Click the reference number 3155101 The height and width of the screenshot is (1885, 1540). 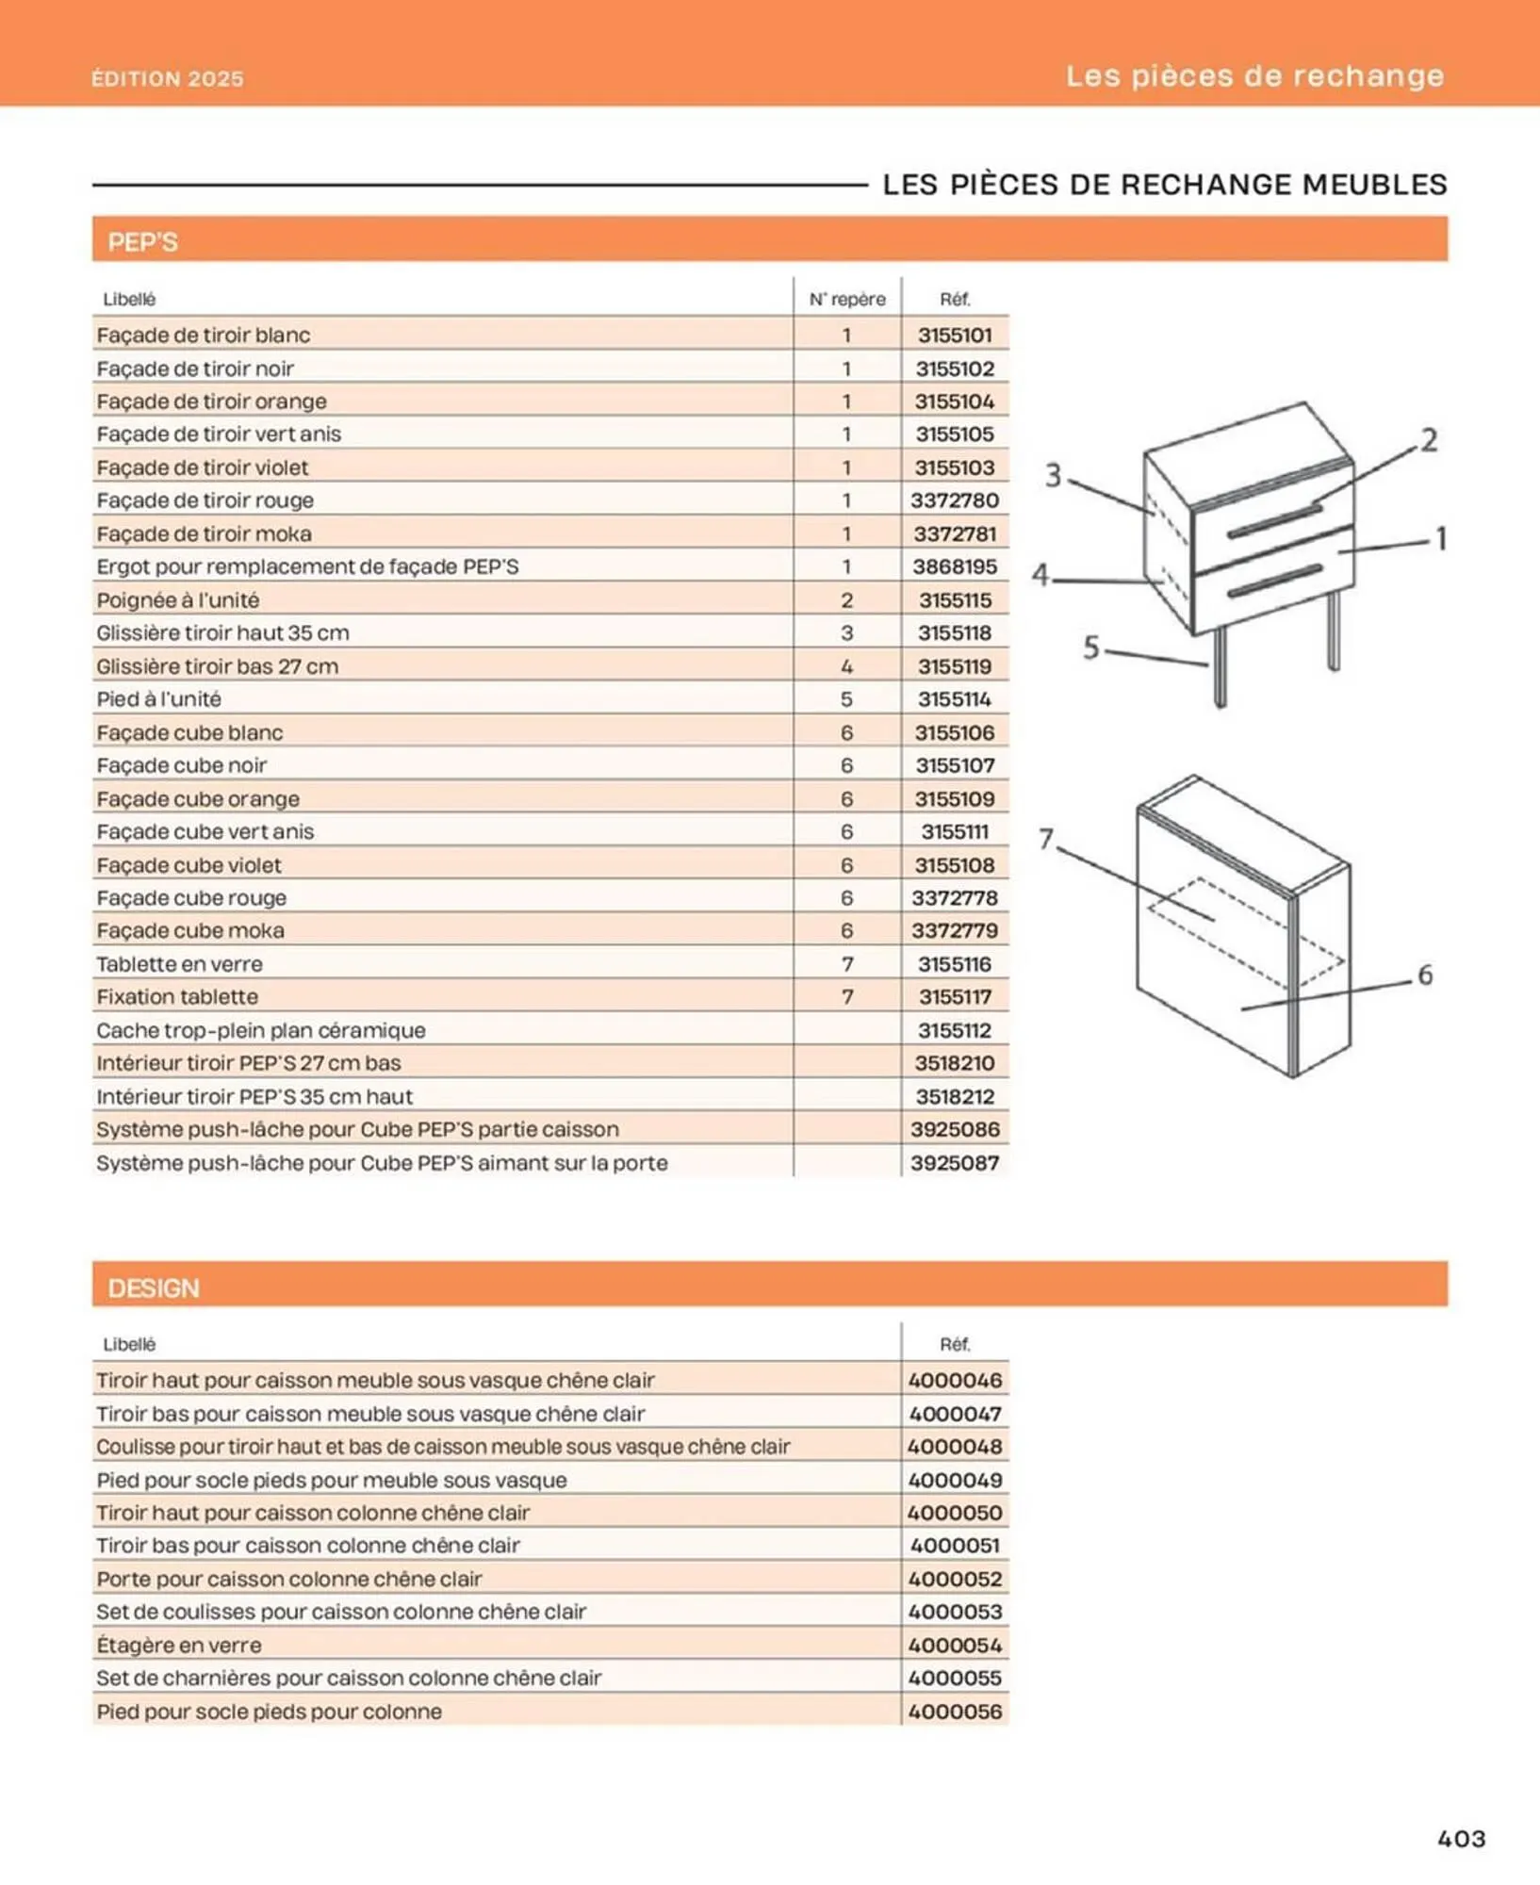[954, 335]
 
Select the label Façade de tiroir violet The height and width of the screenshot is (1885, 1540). [203, 467]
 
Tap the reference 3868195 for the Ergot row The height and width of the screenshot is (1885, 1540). [954, 566]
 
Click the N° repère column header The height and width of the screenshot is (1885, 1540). [846, 299]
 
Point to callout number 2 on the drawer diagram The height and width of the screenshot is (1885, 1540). [1429, 440]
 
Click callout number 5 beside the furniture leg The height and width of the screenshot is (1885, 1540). [1090, 647]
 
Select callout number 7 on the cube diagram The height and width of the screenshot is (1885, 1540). [1046, 839]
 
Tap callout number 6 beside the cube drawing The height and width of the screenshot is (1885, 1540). [1425, 975]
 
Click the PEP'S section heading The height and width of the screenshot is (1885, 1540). [142, 242]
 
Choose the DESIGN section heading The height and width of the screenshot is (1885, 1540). [154, 1287]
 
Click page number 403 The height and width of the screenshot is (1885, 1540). [1461, 1838]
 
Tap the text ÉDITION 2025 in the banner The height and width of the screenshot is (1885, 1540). [168, 78]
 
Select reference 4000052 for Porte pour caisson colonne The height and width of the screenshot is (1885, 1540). [954, 1579]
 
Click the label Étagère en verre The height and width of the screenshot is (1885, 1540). [179, 1645]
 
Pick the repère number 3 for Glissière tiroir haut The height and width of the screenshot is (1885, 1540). [846, 632]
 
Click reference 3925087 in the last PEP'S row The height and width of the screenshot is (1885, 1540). [954, 1162]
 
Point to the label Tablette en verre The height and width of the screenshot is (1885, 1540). [179, 964]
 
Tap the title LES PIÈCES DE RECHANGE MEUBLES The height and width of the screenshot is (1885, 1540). [1164, 185]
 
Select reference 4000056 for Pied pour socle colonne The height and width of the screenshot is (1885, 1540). [954, 1711]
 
